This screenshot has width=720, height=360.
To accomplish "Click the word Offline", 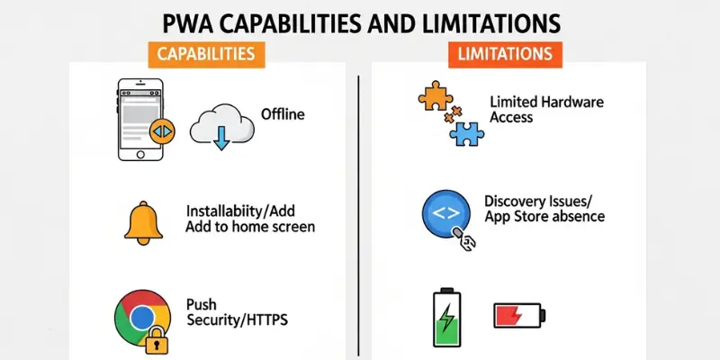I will pos(283,114).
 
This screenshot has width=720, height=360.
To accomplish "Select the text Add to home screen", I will pos(249,228).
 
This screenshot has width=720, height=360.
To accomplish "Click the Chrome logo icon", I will pos(139,316).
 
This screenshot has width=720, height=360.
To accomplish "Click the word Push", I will pos(202,303).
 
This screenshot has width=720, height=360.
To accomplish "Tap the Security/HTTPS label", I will pos(236,319).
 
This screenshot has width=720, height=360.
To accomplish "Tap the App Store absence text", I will pos(544,217).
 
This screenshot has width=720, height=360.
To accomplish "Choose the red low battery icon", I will pos(517,316).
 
